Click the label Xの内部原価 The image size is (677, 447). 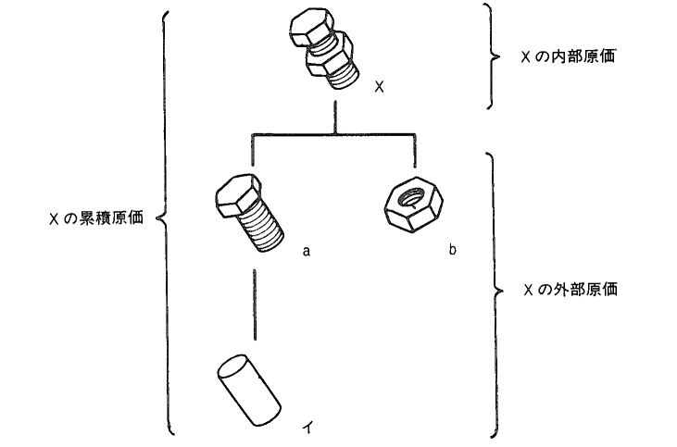[570, 56]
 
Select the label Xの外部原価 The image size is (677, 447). [570, 290]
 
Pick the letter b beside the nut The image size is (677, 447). [452, 250]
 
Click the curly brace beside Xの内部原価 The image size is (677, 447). [492, 56]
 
